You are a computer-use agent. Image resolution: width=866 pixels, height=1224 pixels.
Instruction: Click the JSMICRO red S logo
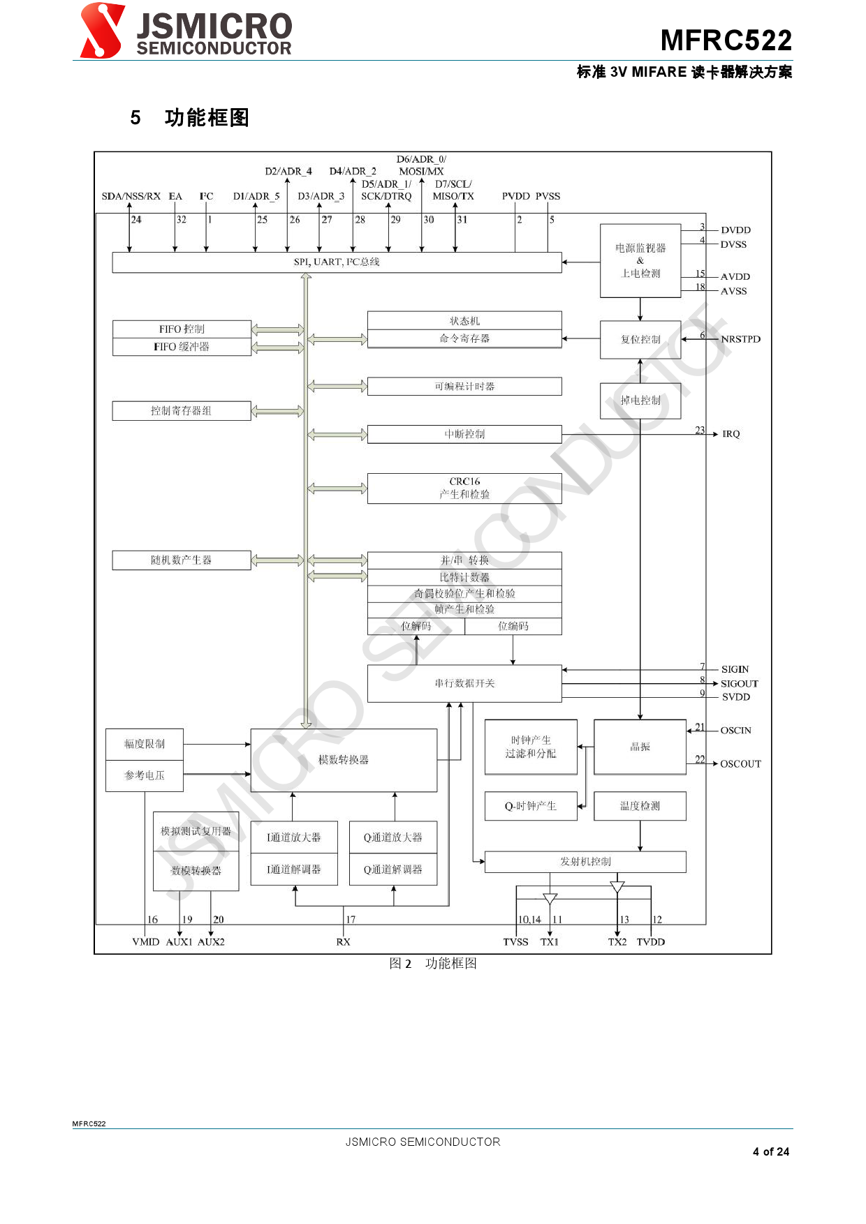[102, 31]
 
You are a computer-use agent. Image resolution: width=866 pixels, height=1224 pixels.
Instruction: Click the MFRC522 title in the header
[726, 40]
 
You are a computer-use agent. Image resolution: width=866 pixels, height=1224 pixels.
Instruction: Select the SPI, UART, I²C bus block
[337, 262]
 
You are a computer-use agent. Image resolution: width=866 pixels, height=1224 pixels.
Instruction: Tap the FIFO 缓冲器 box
[182, 347]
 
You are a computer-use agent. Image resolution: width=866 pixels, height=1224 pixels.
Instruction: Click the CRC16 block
[464, 488]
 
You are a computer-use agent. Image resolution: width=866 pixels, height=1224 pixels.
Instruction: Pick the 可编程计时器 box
[464, 387]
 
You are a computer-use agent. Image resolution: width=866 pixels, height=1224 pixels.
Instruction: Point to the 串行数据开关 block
[464, 683]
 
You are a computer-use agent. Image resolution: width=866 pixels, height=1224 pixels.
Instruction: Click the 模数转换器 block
[344, 760]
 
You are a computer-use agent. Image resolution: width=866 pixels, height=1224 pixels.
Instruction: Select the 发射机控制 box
[585, 862]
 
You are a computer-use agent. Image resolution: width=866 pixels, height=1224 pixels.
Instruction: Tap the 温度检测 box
[640, 806]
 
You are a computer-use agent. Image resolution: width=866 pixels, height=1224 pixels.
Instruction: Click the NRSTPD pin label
[740, 339]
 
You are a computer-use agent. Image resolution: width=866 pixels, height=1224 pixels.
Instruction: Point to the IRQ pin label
[731, 434]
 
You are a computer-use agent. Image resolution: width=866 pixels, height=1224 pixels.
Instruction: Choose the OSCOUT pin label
[740, 764]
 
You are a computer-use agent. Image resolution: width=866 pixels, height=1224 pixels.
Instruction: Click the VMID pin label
[146, 942]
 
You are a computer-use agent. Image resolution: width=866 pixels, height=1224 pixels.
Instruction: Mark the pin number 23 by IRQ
[700, 430]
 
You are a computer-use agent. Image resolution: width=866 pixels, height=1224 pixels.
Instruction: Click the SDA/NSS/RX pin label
[131, 196]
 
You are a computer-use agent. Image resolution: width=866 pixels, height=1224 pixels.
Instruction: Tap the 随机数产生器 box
[182, 560]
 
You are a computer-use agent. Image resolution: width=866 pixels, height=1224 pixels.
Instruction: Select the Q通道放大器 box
[393, 837]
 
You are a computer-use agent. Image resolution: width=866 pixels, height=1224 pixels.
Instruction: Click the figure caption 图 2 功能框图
[433, 964]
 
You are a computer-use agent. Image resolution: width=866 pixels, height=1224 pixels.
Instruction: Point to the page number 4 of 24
[771, 1151]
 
